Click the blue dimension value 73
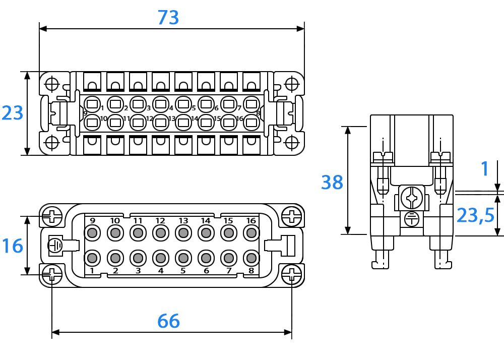168,17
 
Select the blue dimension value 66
168,321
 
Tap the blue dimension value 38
332,182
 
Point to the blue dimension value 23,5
475,215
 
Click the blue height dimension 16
13,246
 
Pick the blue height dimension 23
13,113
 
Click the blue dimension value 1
485,169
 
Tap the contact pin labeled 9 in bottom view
92,233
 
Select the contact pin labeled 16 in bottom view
251,233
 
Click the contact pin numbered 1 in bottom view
92,258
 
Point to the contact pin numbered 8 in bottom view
251,258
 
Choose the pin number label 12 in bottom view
160,221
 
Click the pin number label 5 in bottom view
183,271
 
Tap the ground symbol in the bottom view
55,246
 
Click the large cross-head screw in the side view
411,198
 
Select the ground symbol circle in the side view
411,219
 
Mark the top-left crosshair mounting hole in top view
52,84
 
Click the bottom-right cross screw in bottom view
291,274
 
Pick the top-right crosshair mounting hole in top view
291,84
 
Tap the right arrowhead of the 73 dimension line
300,29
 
